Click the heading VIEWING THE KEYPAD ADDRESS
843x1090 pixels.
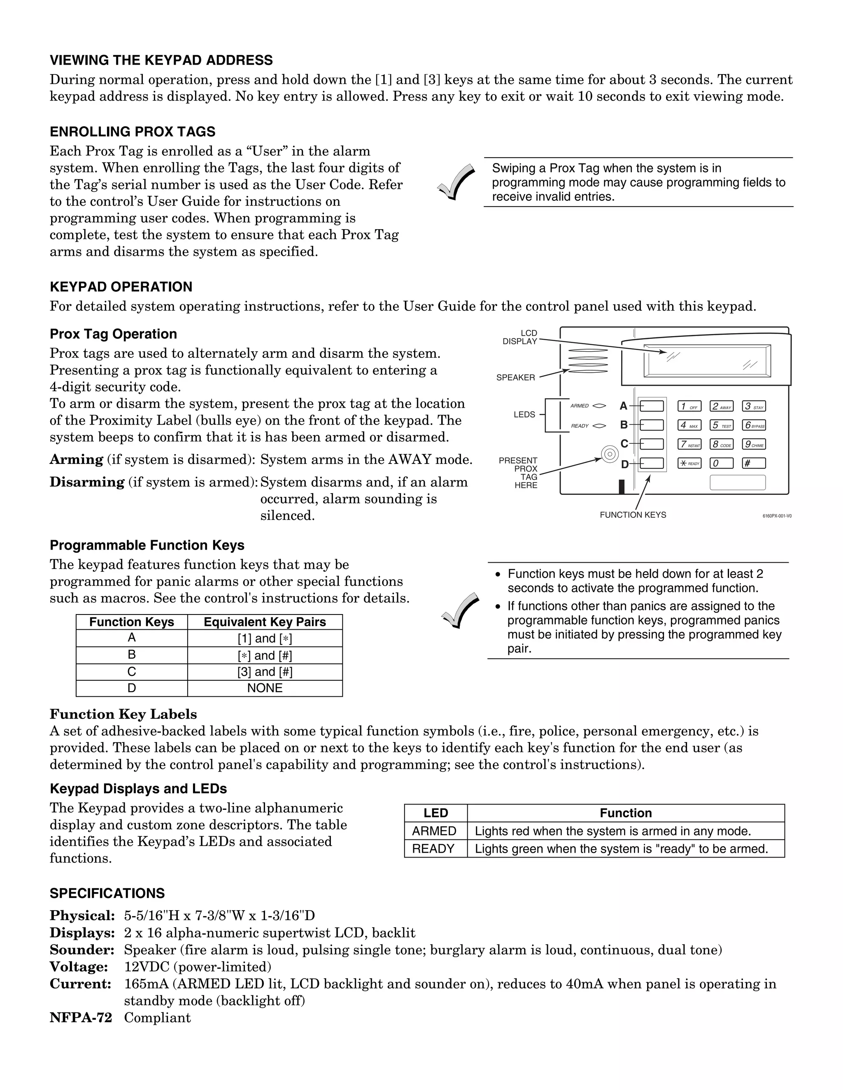[x=161, y=60]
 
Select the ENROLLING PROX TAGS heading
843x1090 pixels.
[x=133, y=132]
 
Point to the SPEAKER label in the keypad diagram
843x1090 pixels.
[x=515, y=378]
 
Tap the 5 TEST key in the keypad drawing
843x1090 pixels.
[x=721, y=425]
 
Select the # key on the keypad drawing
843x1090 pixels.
[x=753, y=463]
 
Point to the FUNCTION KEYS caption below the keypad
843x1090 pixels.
[x=633, y=515]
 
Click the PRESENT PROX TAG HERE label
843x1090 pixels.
[x=519, y=473]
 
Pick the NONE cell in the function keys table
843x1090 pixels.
[x=265, y=688]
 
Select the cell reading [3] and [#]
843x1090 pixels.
[x=265, y=672]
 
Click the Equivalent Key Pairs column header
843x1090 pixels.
[x=265, y=622]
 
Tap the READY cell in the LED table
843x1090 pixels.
[x=433, y=849]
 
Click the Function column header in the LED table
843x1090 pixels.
[x=625, y=813]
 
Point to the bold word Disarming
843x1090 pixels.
[x=87, y=482]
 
